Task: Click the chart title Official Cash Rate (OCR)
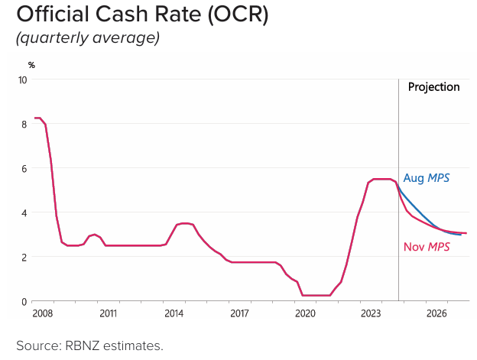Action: tap(142, 15)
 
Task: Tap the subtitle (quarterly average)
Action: tap(88, 38)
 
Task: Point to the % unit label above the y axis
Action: tap(31, 65)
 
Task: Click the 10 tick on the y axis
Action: tap(23, 79)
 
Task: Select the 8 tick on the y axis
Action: tap(24, 124)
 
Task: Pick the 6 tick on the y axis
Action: tap(24, 168)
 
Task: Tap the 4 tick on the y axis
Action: tap(24, 212)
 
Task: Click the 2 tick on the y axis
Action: tap(24, 257)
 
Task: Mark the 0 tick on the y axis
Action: tap(24, 301)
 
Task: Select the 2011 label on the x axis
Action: tap(108, 313)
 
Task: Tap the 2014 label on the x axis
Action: tap(174, 313)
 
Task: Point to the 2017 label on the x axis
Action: tap(239, 313)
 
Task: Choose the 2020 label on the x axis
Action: tap(305, 313)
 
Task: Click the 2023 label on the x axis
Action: tap(371, 313)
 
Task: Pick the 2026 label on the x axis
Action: tap(436, 313)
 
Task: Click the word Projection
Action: tap(433, 87)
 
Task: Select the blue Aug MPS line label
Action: tap(426, 178)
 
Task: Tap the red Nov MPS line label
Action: tap(427, 247)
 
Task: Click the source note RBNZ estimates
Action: tap(89, 345)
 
